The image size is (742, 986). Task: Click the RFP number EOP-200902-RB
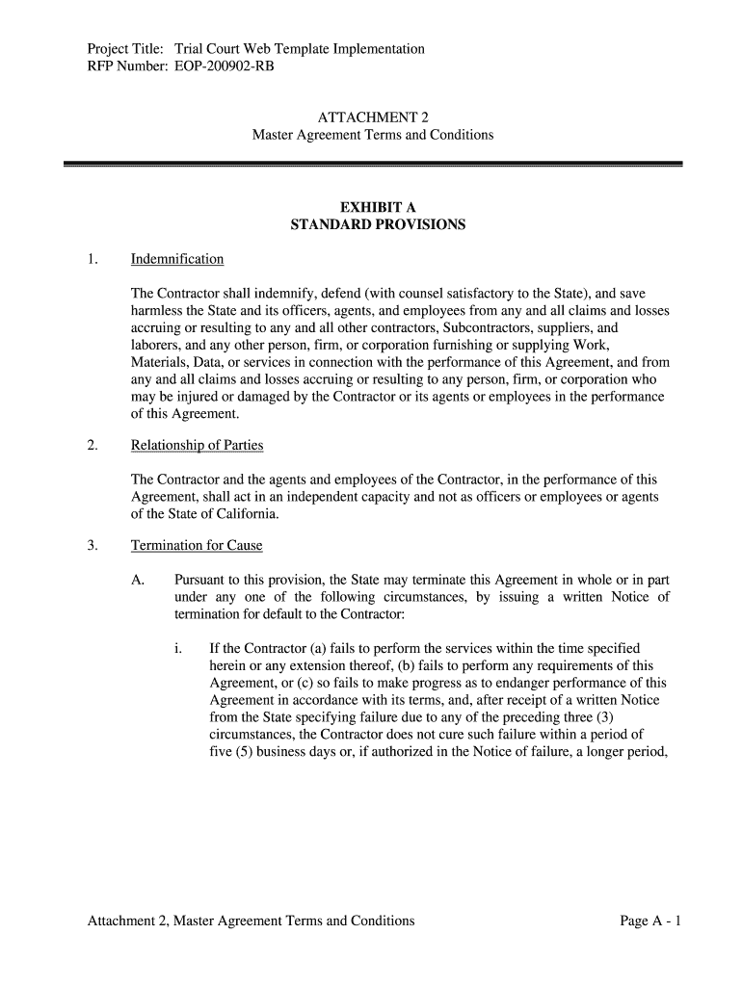pos(217,67)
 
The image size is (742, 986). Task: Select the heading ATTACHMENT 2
pos(373,117)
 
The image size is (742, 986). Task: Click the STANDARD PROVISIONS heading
pos(378,224)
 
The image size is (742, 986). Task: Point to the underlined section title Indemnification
pos(177,259)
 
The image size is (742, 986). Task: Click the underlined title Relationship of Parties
pos(197,446)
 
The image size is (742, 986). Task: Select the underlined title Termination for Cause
pos(197,546)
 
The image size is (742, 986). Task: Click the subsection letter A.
pos(138,580)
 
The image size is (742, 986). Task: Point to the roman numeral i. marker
pos(179,649)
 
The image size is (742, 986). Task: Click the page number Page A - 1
pos(651,921)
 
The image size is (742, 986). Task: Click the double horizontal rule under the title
pos(373,166)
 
